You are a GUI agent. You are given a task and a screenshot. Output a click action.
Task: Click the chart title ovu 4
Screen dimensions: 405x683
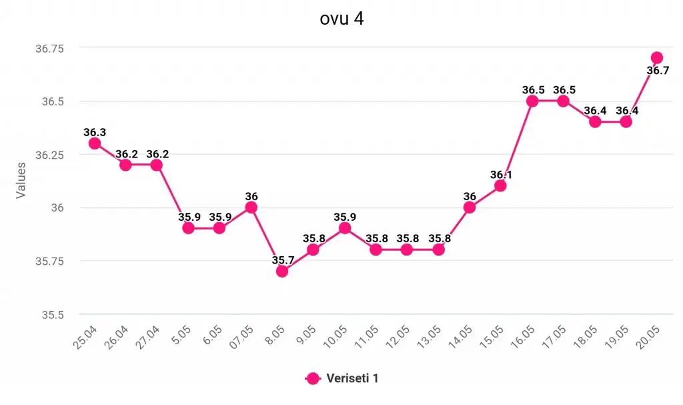[x=341, y=19]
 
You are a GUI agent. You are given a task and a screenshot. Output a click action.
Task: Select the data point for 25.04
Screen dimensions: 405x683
[x=95, y=143]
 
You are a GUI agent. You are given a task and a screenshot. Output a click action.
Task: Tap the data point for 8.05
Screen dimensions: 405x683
[x=282, y=271]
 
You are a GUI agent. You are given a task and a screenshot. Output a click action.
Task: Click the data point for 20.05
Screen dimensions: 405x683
[x=657, y=58]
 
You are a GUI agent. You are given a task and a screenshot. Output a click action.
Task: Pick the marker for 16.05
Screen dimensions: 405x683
[x=532, y=101]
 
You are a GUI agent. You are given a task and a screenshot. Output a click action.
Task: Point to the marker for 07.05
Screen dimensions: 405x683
[x=251, y=207]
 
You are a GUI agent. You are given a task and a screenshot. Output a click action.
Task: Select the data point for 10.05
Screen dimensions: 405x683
[x=345, y=228]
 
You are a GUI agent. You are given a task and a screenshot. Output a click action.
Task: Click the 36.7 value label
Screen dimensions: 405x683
[x=658, y=71]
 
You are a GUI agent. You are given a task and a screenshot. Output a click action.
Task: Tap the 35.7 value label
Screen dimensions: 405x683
[x=282, y=259]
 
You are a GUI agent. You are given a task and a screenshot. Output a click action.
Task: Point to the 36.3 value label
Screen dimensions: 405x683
[x=95, y=132]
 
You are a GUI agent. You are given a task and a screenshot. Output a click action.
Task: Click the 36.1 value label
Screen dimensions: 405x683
[x=502, y=175]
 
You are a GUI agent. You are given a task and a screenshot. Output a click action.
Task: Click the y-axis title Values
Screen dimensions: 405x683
[x=21, y=179]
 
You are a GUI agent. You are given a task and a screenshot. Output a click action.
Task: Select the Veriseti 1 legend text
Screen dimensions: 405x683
[x=353, y=378]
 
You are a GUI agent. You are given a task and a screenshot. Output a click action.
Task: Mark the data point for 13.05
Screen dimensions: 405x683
[x=439, y=250]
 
